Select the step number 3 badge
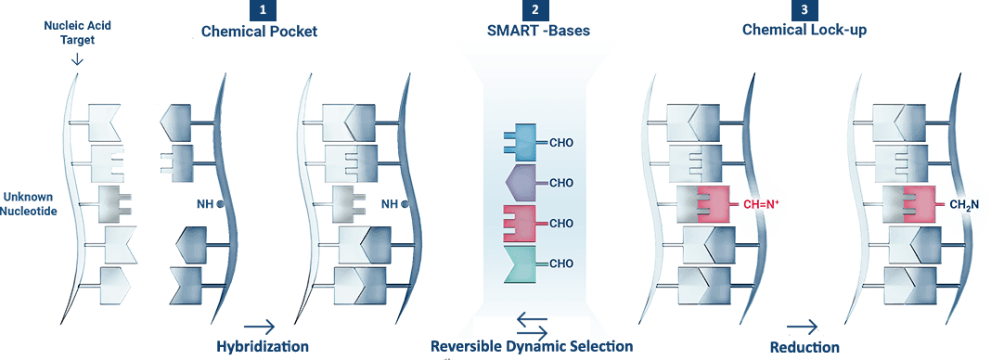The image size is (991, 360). (x=801, y=11)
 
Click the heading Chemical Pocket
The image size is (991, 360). (x=260, y=32)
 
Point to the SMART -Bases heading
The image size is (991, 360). (x=538, y=32)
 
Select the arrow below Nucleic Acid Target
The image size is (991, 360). (x=77, y=58)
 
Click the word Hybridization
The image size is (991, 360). (x=263, y=346)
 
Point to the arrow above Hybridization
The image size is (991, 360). (x=259, y=326)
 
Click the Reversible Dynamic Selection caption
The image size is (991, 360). (x=532, y=346)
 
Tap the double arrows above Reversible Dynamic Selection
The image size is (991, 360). (x=532, y=324)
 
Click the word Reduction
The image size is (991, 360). (x=804, y=346)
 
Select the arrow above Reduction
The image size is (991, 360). (x=804, y=326)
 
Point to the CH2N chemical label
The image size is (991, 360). (x=965, y=204)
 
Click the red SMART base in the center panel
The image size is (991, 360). (x=519, y=223)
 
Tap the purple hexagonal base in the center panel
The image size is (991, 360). (x=521, y=182)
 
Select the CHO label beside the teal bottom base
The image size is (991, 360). (x=561, y=264)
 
